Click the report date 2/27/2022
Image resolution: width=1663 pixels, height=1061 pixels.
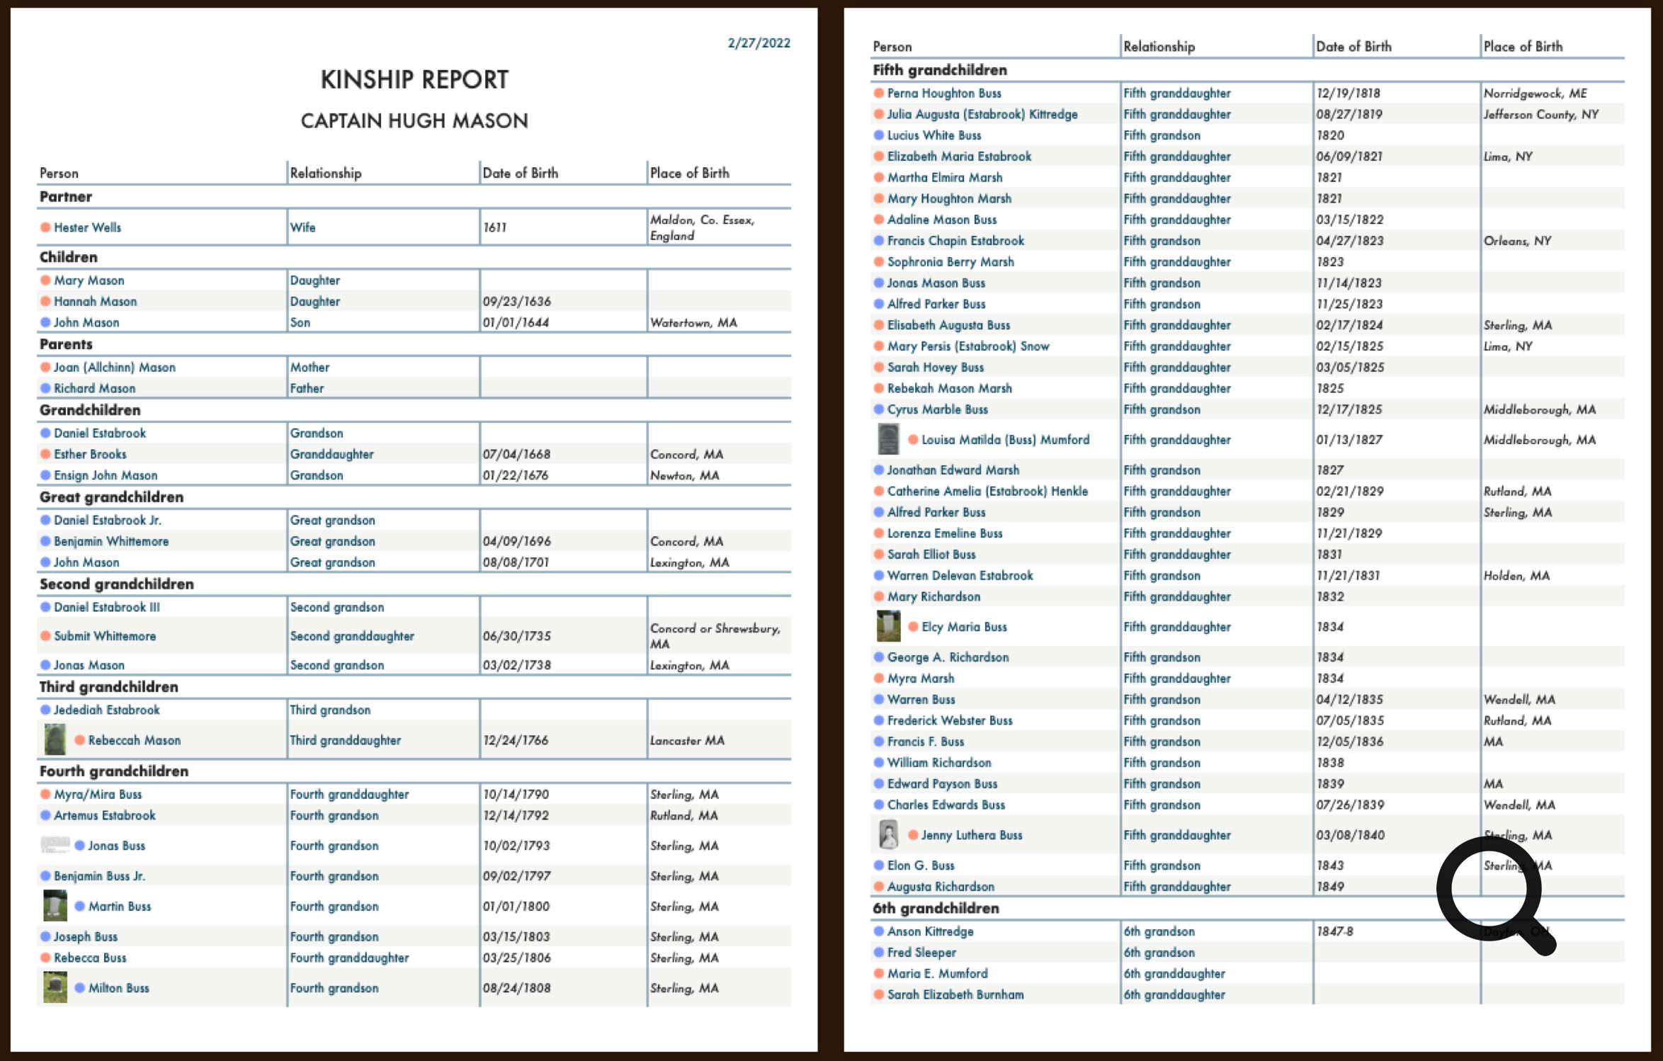click(759, 43)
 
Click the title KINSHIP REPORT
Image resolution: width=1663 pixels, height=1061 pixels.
click(414, 79)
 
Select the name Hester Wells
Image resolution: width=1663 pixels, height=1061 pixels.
click(87, 227)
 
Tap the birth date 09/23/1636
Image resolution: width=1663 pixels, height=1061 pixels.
click(516, 301)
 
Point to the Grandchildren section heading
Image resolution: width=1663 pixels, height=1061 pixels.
click(90, 410)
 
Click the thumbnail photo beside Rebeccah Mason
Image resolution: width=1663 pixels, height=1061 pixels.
click(55, 739)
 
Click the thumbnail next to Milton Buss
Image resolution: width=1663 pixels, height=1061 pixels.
click(55, 987)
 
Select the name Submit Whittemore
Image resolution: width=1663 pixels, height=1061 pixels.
click(105, 636)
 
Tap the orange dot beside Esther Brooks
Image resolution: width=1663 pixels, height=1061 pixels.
click(45, 454)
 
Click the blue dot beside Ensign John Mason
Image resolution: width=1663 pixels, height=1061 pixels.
click(45, 475)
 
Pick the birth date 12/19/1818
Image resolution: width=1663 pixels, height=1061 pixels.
click(1348, 93)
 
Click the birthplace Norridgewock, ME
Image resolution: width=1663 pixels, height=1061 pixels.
click(1535, 93)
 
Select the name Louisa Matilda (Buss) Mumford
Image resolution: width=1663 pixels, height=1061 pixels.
click(1005, 440)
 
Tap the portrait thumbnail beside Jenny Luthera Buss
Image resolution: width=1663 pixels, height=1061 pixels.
click(888, 834)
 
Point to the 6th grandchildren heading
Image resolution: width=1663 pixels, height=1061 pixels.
click(936, 908)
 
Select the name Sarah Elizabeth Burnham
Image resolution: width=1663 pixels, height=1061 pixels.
click(955, 994)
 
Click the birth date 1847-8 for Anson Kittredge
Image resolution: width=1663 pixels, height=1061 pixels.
click(1334, 931)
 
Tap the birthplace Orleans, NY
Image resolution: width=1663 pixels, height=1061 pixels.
click(1517, 241)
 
